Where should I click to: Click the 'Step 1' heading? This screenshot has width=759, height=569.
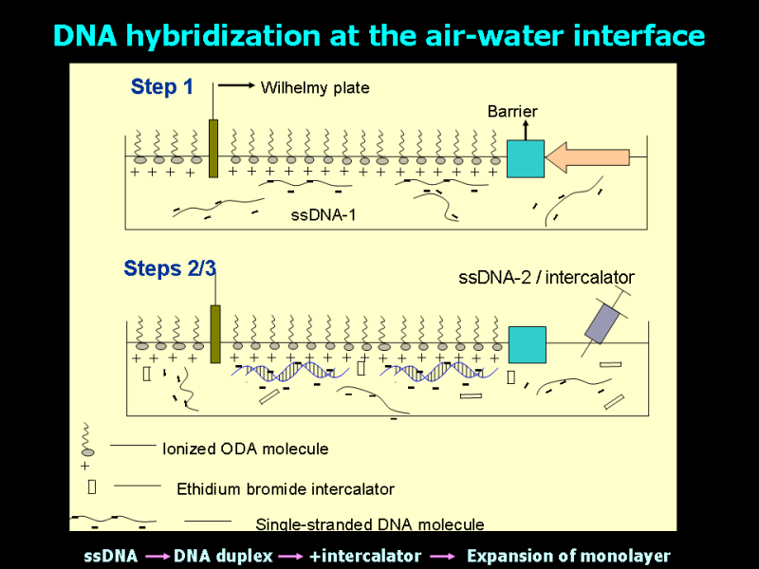click(x=161, y=87)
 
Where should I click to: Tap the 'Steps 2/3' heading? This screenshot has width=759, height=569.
click(x=170, y=268)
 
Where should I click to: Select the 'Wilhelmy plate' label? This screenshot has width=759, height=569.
click(x=315, y=87)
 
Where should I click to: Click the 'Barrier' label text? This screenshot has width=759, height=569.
click(x=512, y=111)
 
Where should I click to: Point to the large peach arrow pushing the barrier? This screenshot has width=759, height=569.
click(x=587, y=157)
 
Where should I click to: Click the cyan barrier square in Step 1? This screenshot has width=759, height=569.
click(x=526, y=158)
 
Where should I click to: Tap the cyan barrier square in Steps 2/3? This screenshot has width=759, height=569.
click(x=528, y=344)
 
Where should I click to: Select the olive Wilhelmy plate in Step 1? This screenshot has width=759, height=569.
click(x=213, y=149)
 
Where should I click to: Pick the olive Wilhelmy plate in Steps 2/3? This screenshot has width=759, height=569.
click(x=215, y=334)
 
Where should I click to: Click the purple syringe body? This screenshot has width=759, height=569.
click(x=602, y=323)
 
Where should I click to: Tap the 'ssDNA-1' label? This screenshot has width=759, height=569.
click(x=324, y=215)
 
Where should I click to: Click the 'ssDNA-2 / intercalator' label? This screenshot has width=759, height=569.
click(x=546, y=278)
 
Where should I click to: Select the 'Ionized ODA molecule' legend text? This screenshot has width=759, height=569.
click(x=246, y=449)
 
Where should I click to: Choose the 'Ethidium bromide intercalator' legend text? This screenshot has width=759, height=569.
click(x=286, y=489)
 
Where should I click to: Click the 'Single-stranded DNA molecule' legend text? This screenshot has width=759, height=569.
click(x=370, y=524)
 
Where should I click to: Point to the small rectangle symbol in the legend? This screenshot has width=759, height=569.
click(x=92, y=486)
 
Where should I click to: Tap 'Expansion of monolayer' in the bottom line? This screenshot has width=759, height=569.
click(x=568, y=557)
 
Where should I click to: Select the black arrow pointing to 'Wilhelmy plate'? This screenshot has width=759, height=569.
click(x=236, y=85)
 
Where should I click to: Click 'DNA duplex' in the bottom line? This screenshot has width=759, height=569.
click(x=223, y=557)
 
